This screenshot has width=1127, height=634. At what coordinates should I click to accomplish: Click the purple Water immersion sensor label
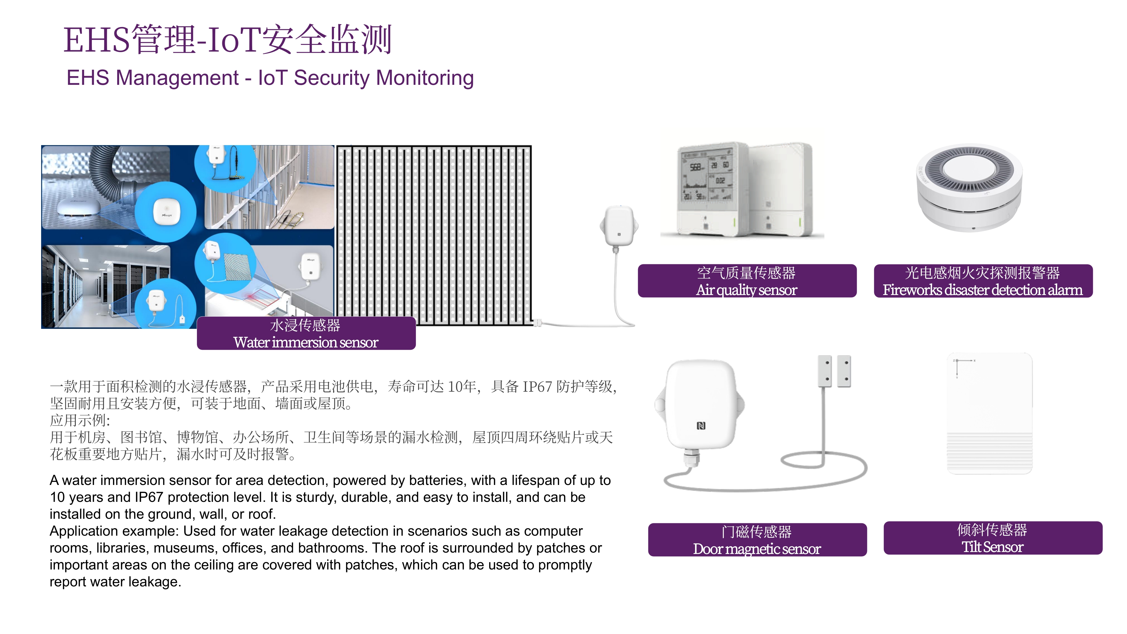click(306, 333)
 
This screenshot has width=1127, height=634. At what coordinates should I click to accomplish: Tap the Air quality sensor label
click(747, 281)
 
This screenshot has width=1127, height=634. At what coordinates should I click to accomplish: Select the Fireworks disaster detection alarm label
click(983, 281)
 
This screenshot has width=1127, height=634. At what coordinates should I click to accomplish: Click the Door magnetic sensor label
click(757, 540)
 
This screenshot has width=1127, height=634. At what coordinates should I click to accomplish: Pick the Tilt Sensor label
click(993, 538)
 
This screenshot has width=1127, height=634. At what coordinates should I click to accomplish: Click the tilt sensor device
click(990, 413)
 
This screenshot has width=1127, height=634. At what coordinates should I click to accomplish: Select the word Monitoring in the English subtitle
click(425, 78)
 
